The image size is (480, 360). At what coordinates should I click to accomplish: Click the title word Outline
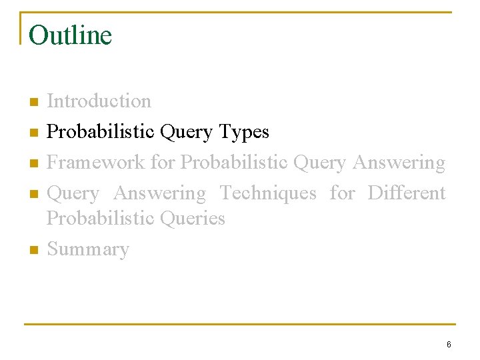point(70,35)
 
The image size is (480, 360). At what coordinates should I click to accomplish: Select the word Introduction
point(99,101)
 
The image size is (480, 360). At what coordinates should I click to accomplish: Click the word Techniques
point(268,193)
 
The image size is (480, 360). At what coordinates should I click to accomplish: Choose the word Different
point(406,193)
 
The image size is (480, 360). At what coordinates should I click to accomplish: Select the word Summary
point(87,249)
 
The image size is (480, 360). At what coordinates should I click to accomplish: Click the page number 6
point(449,345)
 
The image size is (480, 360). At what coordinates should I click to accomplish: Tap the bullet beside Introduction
point(33,102)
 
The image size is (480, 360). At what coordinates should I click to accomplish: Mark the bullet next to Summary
point(33,250)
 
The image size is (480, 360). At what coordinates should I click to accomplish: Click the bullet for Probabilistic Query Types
point(33,133)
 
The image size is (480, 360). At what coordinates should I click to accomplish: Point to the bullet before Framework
point(33,163)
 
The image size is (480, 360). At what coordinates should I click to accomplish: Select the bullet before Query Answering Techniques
point(33,194)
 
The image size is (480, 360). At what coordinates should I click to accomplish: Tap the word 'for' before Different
point(342,193)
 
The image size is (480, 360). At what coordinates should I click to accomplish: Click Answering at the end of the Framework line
point(399,163)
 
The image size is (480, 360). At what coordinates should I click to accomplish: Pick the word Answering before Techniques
point(159,193)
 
